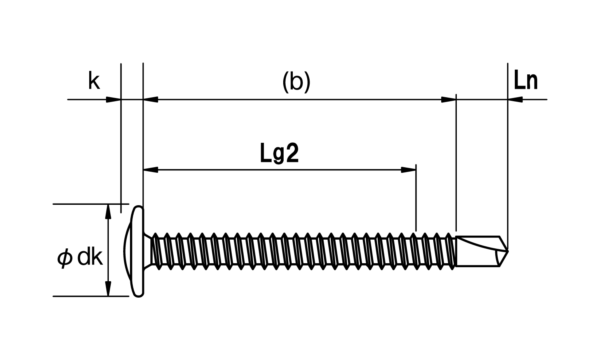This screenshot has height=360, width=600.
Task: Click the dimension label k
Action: click(94, 82)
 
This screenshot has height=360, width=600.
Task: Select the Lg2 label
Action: click(279, 154)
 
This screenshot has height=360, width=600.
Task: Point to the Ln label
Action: click(526, 81)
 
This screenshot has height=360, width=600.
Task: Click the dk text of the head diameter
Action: click(90, 258)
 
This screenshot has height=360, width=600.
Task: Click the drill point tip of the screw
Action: click(507, 251)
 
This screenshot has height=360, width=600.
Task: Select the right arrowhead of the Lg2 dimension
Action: click(409, 170)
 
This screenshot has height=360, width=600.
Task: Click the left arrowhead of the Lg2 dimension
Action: click(151, 170)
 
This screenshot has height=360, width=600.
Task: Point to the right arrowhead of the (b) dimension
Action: click(448, 99)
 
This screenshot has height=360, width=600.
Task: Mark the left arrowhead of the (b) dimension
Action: click(151, 99)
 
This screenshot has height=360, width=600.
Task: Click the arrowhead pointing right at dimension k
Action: click(114, 99)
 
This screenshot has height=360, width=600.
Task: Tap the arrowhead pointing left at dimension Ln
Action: click(515, 99)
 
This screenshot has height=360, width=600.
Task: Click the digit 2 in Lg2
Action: click(292, 154)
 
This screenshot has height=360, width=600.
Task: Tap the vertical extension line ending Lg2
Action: click(416, 198)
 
